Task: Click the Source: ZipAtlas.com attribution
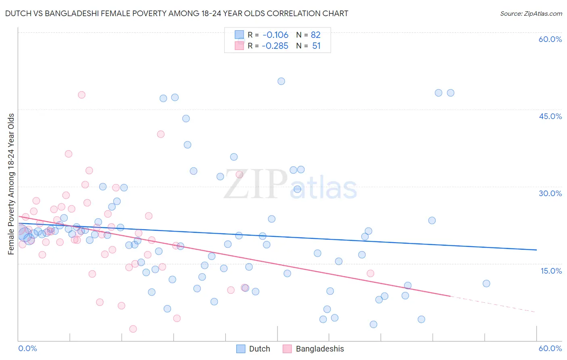point(531,13)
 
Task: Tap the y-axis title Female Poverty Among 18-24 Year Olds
point(11,184)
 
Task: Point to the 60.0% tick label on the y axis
point(550,39)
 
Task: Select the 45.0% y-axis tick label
point(550,116)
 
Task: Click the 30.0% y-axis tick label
point(550,193)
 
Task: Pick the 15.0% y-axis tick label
point(551,270)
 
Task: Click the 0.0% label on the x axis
point(27,348)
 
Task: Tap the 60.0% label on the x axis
point(550,348)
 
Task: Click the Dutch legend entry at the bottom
point(253,349)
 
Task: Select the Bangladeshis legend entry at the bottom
point(314,349)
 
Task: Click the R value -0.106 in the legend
point(275,35)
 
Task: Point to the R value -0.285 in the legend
point(275,46)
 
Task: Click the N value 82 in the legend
point(315,35)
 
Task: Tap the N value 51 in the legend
point(316,46)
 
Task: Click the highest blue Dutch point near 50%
point(281,81)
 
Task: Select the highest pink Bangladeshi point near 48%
point(81,95)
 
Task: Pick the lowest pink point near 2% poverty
point(133,329)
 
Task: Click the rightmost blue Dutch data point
point(486,283)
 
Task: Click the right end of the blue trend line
point(536,250)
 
